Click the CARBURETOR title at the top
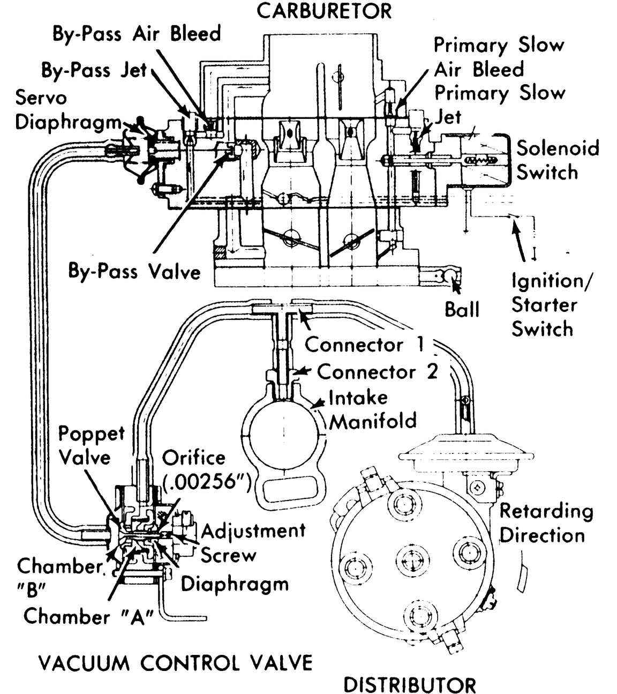(x=324, y=11)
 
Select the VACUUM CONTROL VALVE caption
(x=175, y=663)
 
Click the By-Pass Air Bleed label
(x=137, y=34)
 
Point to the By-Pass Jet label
(x=94, y=70)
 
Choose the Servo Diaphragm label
(x=67, y=110)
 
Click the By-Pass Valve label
(x=134, y=271)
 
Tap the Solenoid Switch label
(x=557, y=160)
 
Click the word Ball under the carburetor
(x=462, y=309)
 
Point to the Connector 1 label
(x=364, y=345)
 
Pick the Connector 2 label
(x=377, y=371)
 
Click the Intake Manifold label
(x=372, y=409)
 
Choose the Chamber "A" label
(x=88, y=616)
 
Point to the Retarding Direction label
(x=545, y=523)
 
